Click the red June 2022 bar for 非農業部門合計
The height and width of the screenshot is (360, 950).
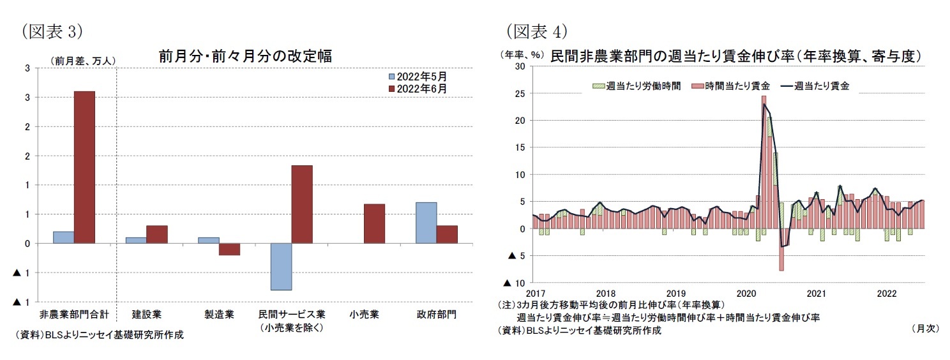[x=84, y=167]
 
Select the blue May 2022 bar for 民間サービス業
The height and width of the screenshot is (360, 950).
[x=281, y=267]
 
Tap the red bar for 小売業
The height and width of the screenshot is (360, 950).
[x=374, y=223]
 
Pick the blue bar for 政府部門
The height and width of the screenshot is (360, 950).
[x=426, y=223]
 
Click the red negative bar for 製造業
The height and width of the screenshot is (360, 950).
[x=229, y=249]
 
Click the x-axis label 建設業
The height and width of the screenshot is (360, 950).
[x=147, y=315]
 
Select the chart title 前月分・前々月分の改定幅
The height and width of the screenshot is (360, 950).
[x=245, y=56]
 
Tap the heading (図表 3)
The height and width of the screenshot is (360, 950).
[x=51, y=31]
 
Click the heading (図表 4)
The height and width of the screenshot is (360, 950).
[x=536, y=31]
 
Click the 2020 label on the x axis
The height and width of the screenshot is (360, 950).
[x=746, y=294]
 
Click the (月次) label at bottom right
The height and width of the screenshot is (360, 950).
[x=924, y=328]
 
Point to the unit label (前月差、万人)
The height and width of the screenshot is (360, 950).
[x=83, y=61]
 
